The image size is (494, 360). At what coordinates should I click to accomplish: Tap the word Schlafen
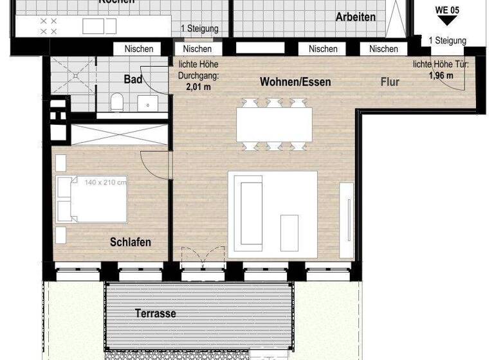131,242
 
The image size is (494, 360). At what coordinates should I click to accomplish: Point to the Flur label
390,82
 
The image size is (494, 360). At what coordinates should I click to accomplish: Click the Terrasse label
155,314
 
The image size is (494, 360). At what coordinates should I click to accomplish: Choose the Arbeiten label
356,17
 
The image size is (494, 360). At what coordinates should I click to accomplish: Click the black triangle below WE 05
448,21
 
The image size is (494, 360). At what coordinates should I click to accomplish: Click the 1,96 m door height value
441,75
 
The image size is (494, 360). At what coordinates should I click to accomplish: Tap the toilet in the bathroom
116,102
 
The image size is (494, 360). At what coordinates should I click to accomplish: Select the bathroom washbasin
147,103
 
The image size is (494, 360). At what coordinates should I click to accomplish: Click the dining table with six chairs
274,125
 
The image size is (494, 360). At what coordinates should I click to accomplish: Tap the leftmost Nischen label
139,49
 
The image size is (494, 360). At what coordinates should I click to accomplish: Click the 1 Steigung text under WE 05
448,40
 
